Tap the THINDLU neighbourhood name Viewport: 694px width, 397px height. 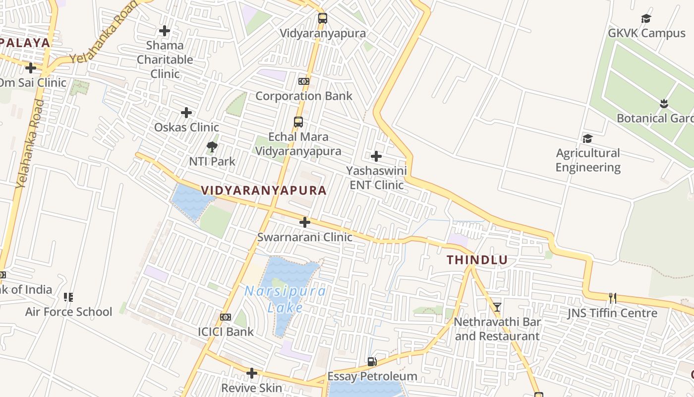[477, 260]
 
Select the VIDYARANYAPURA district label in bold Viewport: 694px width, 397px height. [264, 190]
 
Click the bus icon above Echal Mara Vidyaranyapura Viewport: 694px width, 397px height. [298, 122]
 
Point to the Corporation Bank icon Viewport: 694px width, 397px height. [304, 81]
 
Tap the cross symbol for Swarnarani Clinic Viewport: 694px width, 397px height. [305, 222]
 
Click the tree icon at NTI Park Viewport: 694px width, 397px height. [212, 147]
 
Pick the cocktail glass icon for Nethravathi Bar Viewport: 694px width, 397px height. [497, 307]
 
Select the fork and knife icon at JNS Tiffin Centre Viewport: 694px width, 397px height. [613, 298]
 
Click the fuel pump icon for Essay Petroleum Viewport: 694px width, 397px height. [372, 362]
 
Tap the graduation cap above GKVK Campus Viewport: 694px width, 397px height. [646, 19]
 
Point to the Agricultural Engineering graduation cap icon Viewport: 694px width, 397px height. [587, 138]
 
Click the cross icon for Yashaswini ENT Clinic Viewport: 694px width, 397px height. [376, 156]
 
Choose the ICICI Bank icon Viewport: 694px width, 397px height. [226, 317]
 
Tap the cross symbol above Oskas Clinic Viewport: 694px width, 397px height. [186, 113]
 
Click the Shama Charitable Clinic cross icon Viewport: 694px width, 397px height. [165, 31]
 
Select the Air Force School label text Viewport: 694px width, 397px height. [69, 312]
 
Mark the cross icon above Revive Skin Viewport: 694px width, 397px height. [252, 373]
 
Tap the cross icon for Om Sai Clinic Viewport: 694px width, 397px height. [31, 67]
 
